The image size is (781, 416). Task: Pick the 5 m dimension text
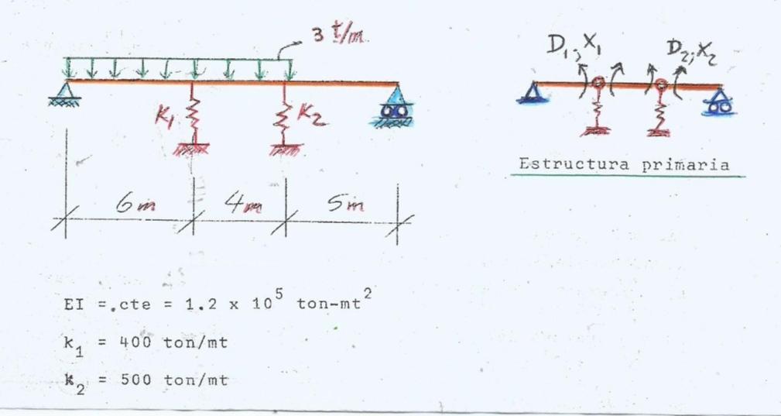[345, 204]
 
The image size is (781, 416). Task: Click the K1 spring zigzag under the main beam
[194, 116]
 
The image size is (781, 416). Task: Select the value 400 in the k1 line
[139, 342]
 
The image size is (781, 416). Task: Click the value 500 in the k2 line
[139, 380]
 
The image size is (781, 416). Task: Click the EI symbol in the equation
[70, 304]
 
